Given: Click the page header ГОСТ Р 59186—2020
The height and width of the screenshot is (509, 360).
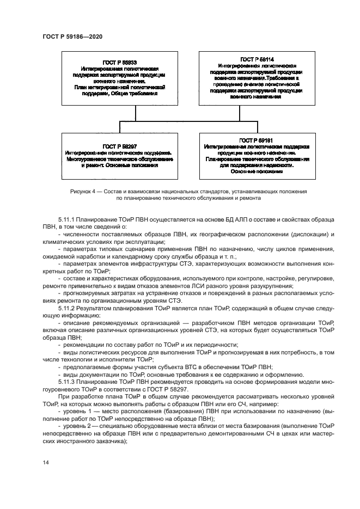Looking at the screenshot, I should click(72, 36).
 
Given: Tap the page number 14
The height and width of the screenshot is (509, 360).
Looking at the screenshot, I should click(46, 462).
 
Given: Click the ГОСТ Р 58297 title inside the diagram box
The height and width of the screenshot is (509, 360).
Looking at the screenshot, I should click(119, 146).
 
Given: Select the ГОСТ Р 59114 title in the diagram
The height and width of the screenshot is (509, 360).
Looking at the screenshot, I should click(255, 59).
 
